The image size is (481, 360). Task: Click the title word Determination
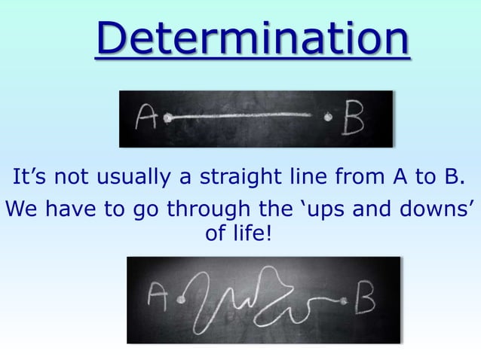253,40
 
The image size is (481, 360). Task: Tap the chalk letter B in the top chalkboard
353,118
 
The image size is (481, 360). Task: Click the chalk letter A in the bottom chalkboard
158,299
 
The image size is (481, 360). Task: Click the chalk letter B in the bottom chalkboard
366,301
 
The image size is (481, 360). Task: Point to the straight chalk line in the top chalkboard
241,117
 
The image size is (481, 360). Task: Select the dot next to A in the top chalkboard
169,117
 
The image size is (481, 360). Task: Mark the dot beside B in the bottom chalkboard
345,301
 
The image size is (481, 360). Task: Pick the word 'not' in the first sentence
76,178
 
